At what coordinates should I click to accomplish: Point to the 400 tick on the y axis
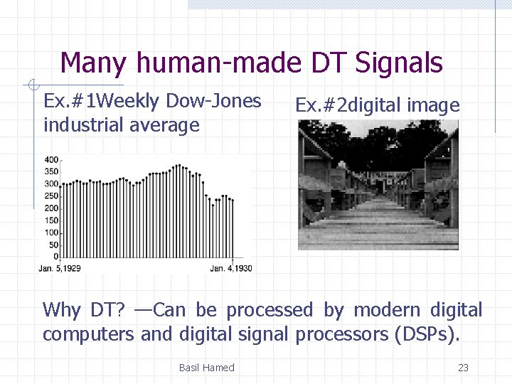pos(51,159)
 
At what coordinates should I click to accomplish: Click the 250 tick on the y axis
pos(51,196)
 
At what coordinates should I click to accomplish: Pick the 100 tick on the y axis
pos(51,232)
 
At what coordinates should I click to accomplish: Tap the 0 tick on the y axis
pos(55,256)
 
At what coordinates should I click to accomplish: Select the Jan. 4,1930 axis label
pos(230,268)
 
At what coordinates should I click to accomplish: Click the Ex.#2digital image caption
pos(377,106)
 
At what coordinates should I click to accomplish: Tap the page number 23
pos(463,368)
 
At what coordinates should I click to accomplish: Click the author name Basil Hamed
pos(206,368)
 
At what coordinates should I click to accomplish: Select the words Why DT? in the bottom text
pos(84,310)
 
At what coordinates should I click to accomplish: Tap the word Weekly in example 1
pos(132,101)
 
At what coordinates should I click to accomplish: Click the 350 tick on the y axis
pos(51,171)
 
